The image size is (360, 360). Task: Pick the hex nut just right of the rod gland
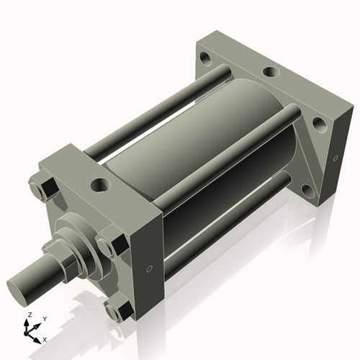coord(111,245)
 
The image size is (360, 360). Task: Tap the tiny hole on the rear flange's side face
coord(333,158)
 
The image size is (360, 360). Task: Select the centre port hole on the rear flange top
coord(271,72)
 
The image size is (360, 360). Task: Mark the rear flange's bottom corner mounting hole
coord(307,190)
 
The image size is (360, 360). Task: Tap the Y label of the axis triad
coord(44,318)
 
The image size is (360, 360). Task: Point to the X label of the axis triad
coord(45,338)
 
